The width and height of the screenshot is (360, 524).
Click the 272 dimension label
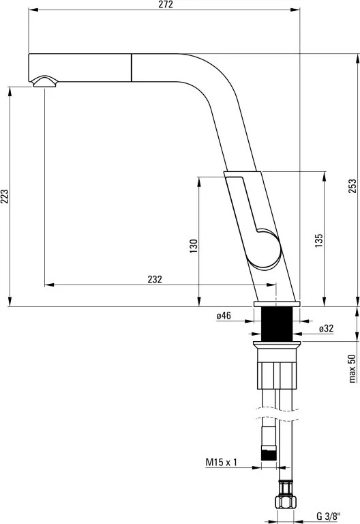click(x=166, y=4)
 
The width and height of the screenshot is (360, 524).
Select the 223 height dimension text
click(x=5, y=196)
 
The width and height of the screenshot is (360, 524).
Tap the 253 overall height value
click(x=352, y=186)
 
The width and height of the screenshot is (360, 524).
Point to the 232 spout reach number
click(x=155, y=279)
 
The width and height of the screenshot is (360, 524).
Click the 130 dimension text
click(x=194, y=246)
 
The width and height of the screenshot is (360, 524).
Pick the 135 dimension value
click(x=319, y=240)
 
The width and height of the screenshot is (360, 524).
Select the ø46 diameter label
click(x=224, y=315)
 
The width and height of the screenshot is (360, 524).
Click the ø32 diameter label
click(x=326, y=328)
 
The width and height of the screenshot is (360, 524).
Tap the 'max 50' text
click(x=352, y=368)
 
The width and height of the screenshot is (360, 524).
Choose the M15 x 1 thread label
click(x=221, y=462)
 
